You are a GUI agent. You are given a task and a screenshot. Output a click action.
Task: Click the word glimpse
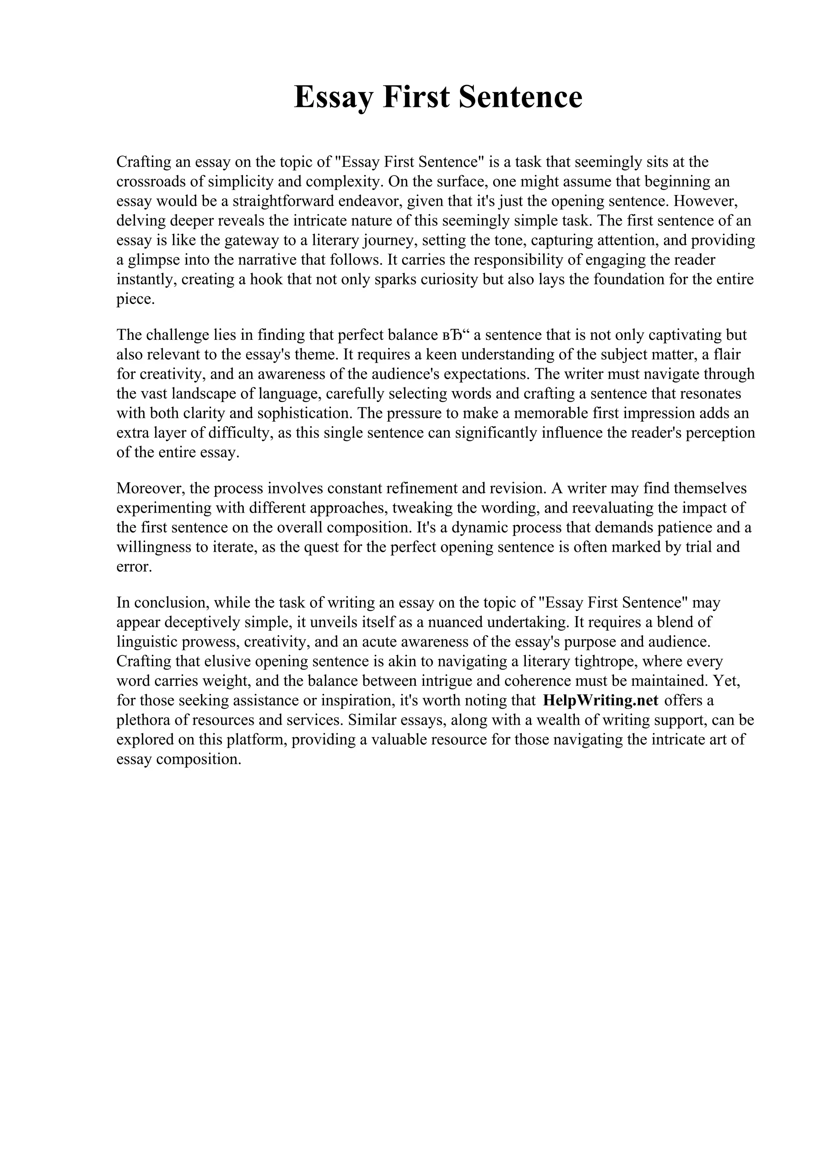coord(152,260)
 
